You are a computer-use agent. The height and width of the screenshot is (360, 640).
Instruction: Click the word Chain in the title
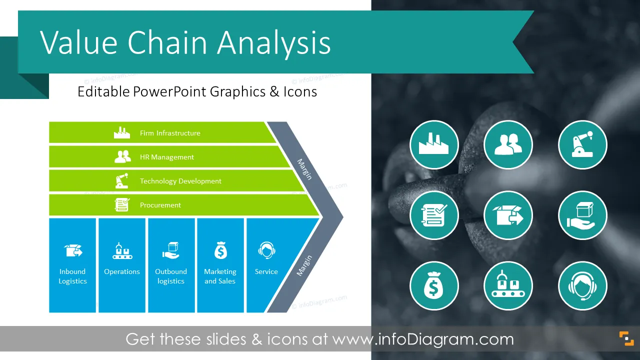[x=167, y=43]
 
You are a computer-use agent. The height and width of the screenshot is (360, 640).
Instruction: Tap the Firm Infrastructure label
[x=170, y=133]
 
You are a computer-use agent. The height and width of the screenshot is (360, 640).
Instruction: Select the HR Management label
[x=167, y=157]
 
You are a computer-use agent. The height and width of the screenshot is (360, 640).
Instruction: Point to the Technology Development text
[x=180, y=181]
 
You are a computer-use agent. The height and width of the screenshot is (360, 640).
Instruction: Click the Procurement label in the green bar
[x=160, y=205]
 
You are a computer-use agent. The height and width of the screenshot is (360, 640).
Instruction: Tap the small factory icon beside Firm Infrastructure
[x=122, y=132]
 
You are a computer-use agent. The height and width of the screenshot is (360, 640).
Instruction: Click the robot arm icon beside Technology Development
[x=122, y=180]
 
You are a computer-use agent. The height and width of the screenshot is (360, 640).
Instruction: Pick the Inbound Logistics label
[x=72, y=276]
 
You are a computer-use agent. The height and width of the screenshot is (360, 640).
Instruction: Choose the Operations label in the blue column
[x=122, y=271]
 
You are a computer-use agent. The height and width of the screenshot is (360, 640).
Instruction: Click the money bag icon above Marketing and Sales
[x=220, y=250]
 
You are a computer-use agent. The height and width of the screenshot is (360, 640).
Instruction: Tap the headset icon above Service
[x=266, y=250]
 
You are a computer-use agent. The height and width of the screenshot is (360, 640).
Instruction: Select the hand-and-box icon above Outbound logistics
[x=171, y=250]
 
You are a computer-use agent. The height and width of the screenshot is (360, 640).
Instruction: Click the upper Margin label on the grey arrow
[x=304, y=169]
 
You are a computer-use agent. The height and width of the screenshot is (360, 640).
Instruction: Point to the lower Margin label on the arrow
[x=304, y=265]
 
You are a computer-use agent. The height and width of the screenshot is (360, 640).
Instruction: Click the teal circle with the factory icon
[x=434, y=144]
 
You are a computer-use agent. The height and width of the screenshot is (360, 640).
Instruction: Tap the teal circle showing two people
[x=508, y=144]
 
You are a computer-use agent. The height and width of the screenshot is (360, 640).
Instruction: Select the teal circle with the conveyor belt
[x=508, y=285]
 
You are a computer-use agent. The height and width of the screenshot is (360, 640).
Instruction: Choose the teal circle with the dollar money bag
[x=434, y=285]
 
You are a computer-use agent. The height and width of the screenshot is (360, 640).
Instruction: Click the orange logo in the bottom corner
[x=626, y=339]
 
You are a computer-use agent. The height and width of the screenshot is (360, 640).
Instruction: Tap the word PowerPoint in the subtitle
[x=169, y=92]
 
